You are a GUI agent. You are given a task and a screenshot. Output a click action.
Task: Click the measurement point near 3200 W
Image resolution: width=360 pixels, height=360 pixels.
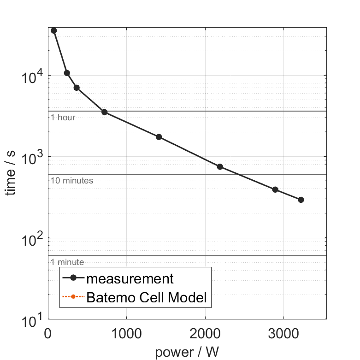pyautogui.click(x=301, y=200)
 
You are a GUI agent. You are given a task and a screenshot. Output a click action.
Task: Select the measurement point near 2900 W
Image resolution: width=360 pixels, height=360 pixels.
pyautogui.click(x=275, y=189)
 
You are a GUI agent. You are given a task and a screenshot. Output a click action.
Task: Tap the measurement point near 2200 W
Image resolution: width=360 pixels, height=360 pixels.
pyautogui.click(x=220, y=166)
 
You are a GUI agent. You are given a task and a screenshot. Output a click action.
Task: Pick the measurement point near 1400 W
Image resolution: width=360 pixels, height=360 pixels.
pyautogui.click(x=159, y=137)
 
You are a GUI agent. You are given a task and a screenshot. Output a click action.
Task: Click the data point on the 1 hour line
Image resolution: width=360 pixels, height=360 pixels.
pyautogui.click(x=105, y=112)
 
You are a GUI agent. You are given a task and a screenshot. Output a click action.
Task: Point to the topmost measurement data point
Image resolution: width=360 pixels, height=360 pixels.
pyautogui.click(x=54, y=30)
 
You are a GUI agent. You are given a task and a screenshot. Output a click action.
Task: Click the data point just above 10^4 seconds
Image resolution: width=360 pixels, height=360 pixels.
pyautogui.click(x=67, y=73)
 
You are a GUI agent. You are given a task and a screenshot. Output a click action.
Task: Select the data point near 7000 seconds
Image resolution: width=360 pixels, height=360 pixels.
pyautogui.click(x=77, y=88)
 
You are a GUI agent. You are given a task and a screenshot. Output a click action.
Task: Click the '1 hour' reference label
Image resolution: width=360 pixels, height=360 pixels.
pyautogui.click(x=63, y=118)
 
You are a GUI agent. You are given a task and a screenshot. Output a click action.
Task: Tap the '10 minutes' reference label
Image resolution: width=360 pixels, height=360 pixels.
pyautogui.click(x=72, y=181)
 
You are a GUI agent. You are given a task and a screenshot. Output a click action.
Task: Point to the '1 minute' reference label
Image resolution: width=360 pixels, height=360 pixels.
pyautogui.click(x=67, y=262)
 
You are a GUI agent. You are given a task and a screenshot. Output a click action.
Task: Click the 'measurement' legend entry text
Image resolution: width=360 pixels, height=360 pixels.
pyautogui.click(x=130, y=279)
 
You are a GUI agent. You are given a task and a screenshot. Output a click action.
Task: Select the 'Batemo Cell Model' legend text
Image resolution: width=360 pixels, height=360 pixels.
pyautogui.click(x=147, y=297)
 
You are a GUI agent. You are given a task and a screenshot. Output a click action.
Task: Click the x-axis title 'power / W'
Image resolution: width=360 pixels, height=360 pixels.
pyautogui.click(x=187, y=353)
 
